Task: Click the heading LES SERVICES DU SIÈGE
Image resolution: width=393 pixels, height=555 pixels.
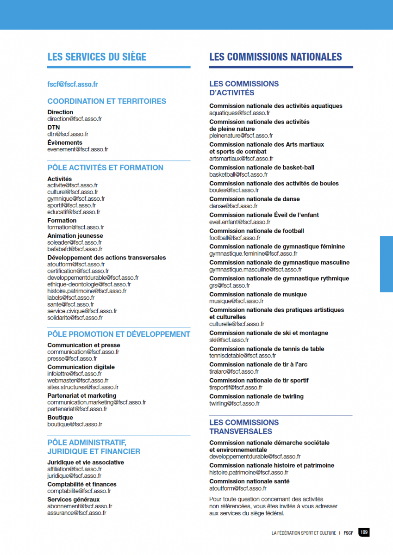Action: click(x=97, y=57)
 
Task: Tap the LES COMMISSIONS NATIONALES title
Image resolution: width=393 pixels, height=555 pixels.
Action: click(x=275, y=57)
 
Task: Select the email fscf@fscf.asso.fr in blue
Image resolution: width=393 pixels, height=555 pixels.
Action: click(x=73, y=85)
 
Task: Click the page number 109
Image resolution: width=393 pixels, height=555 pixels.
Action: click(x=364, y=533)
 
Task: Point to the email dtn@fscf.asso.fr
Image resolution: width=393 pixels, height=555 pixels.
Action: click(x=68, y=134)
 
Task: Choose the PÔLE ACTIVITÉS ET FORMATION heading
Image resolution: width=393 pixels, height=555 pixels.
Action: click(x=105, y=168)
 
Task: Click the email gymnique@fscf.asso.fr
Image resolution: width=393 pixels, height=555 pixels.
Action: click(x=76, y=199)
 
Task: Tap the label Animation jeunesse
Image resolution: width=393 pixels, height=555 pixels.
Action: click(x=75, y=236)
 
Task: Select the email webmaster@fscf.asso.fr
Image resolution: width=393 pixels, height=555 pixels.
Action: click(x=75, y=381)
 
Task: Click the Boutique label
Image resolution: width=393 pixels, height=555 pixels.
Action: click(x=60, y=418)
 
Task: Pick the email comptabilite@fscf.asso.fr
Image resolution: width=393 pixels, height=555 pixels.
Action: click(x=79, y=491)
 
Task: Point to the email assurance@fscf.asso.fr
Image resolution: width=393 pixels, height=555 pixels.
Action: click(x=77, y=513)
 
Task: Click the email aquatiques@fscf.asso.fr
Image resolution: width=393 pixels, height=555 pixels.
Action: click(x=240, y=113)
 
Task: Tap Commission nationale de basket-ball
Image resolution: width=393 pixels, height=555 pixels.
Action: click(x=262, y=167)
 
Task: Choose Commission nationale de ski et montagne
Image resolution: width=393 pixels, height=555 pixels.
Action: click(x=268, y=333)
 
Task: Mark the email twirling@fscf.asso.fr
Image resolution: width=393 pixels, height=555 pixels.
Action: click(x=234, y=403)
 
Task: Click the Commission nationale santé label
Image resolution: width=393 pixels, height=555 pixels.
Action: click(x=250, y=481)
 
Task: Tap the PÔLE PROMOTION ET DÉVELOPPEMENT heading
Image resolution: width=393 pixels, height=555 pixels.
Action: click(x=119, y=334)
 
